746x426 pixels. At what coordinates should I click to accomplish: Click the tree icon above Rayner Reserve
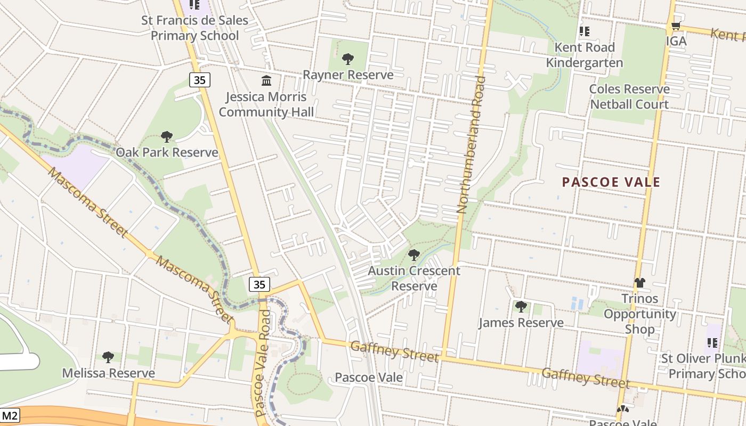348,59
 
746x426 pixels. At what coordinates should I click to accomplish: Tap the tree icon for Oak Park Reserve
167,137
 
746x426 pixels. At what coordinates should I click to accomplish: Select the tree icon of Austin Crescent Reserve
414,255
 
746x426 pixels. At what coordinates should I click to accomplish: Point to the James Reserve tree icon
521,307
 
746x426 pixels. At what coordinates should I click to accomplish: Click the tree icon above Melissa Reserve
108,357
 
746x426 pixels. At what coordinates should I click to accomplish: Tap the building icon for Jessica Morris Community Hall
266,80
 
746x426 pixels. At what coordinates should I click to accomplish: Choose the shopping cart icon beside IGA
676,26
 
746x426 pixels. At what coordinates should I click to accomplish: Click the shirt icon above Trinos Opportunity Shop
639,283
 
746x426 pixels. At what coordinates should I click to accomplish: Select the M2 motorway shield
10,415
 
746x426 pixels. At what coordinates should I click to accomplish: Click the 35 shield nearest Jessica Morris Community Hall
199,80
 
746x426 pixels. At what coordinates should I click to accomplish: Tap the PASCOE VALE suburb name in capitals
611,182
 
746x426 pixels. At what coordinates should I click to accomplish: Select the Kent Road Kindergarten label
585,55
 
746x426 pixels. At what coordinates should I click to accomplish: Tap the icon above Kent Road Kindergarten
585,31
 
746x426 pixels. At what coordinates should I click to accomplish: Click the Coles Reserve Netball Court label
629,96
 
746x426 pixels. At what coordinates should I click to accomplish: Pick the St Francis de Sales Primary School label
194,28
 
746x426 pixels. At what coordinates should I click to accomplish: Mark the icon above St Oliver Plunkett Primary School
712,343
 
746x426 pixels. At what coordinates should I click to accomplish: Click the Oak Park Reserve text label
167,153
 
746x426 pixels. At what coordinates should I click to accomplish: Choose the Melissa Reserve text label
108,373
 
